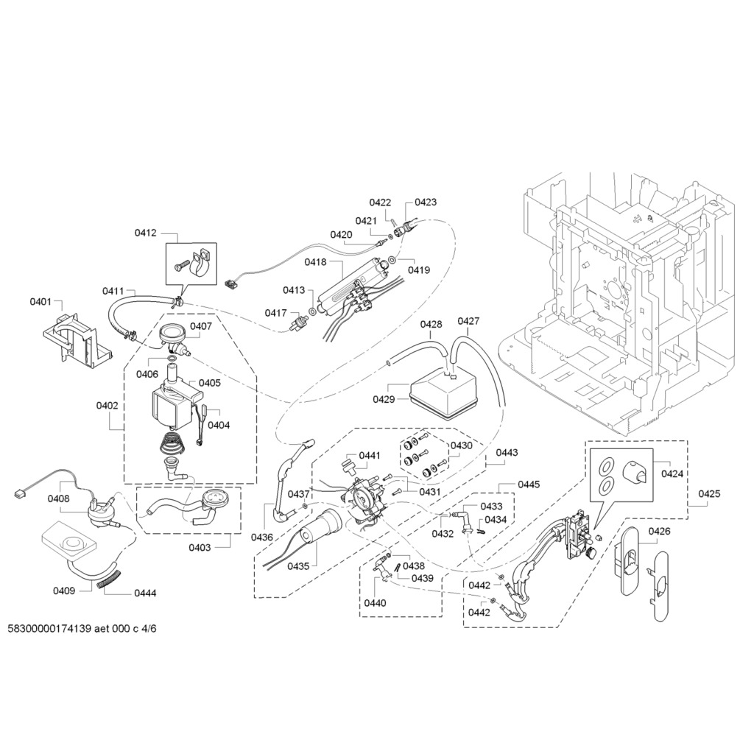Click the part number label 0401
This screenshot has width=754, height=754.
[40, 301]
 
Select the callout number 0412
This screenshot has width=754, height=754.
[145, 233]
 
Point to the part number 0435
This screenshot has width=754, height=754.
[298, 566]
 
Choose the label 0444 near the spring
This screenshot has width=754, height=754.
[144, 593]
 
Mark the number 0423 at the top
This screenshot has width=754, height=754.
[426, 202]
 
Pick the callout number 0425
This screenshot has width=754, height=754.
[709, 493]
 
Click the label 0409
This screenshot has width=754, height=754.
[64, 591]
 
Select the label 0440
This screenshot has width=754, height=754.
[375, 603]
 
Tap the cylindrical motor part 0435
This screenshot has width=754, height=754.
[321, 527]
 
